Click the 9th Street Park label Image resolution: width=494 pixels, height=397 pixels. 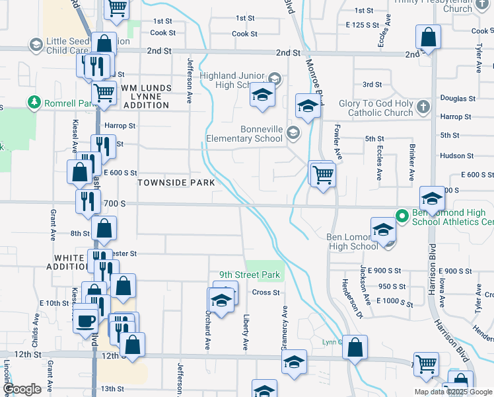(x=250, y=275)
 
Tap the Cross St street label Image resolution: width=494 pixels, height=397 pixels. (x=267, y=292)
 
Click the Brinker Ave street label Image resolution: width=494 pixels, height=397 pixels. (x=410, y=165)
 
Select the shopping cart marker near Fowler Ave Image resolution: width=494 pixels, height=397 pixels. (x=324, y=175)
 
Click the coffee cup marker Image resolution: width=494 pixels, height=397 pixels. (x=85, y=322)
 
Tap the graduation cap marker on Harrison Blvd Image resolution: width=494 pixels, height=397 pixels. (x=432, y=198)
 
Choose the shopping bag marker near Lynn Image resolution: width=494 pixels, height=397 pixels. (x=355, y=347)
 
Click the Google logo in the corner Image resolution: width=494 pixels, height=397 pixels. (x=22, y=389)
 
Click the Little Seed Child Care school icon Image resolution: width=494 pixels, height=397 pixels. (x=36, y=44)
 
